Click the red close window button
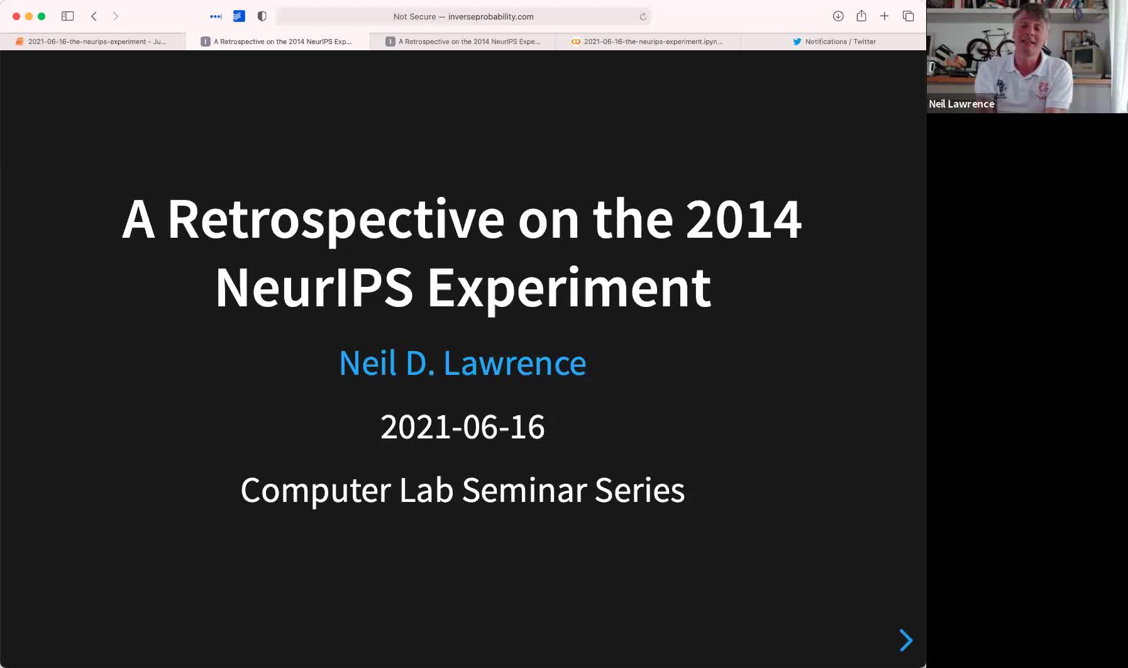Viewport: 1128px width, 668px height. coord(16,16)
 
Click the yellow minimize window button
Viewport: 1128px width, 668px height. coord(29,16)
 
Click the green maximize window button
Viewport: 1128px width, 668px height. coord(41,16)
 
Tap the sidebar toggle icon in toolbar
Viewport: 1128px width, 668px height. coord(68,16)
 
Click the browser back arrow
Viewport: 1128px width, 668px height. coord(94,16)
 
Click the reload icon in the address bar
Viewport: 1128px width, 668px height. coord(643,16)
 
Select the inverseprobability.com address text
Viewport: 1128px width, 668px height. coord(490,16)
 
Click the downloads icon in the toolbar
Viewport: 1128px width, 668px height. coord(838,16)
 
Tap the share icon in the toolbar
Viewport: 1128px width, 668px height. coord(861,16)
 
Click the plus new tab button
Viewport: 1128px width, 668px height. coord(884,16)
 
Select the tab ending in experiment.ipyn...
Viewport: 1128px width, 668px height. coord(648,42)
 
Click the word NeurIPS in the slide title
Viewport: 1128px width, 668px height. coord(314,287)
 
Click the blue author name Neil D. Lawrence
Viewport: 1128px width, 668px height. coord(463,363)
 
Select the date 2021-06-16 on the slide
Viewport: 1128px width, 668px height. coord(463,427)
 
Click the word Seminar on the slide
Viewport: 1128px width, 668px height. coord(524,490)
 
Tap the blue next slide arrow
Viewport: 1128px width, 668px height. coord(906,640)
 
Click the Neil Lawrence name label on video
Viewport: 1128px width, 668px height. coord(961,104)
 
